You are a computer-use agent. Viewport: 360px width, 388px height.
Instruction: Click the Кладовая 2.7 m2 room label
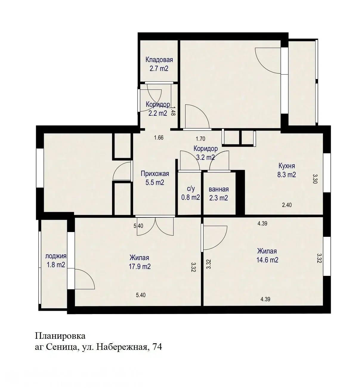[x=159, y=64]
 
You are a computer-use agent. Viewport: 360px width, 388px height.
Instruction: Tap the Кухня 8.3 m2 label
[x=286, y=170]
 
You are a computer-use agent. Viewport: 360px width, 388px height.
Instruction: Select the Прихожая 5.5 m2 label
[x=155, y=178]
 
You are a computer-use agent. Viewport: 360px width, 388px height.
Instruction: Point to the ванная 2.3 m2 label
[x=219, y=194]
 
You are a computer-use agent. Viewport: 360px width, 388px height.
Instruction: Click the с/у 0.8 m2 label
[x=191, y=193]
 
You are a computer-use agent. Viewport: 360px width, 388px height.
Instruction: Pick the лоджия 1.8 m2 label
[x=55, y=260]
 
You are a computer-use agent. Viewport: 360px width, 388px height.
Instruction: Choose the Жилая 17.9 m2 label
[x=140, y=262]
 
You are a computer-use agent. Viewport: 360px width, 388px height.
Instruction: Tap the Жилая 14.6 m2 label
[x=267, y=256]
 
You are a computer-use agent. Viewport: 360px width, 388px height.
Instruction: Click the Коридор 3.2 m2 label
[x=206, y=153]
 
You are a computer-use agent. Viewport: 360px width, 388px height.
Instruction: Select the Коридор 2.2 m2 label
[x=158, y=109]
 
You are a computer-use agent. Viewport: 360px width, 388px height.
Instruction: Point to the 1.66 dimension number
[x=159, y=138]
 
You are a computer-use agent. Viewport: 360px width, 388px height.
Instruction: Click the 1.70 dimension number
[x=200, y=139]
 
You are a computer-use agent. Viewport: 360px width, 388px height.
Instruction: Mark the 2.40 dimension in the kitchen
[x=287, y=205]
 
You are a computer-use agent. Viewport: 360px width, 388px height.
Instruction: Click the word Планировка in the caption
[x=60, y=336]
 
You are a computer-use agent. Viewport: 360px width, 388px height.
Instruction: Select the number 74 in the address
[x=157, y=347]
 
